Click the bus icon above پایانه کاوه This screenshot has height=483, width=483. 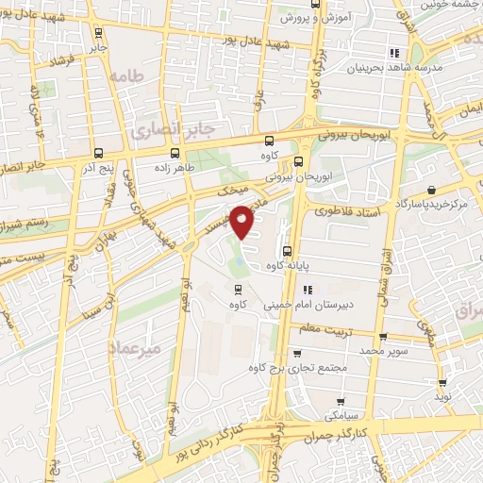(287, 251)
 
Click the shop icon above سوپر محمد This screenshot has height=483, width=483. (382, 337)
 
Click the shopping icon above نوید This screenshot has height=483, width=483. (442, 384)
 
